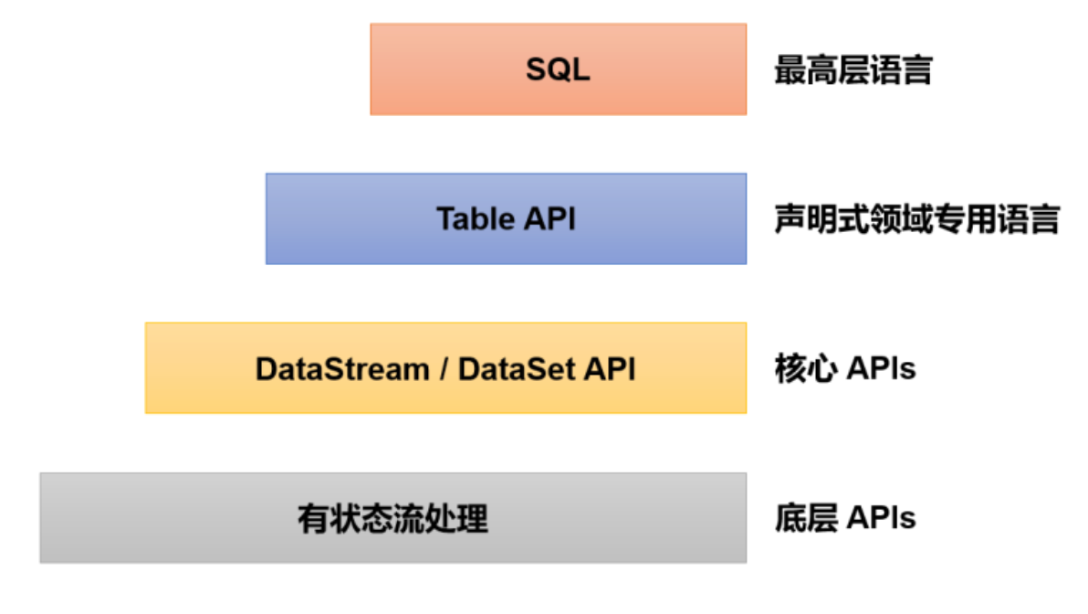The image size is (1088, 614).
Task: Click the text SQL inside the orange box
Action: click(x=558, y=69)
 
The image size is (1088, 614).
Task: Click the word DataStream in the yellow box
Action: click(x=342, y=369)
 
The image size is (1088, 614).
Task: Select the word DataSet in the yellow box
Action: click(x=516, y=369)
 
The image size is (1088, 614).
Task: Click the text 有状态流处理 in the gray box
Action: click(x=392, y=519)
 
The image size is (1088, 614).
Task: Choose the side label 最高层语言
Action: click(x=853, y=69)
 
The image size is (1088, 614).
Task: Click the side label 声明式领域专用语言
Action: click(x=916, y=219)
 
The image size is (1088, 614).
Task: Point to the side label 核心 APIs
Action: click(x=845, y=369)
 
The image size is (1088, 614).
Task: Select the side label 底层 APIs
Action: click(x=845, y=518)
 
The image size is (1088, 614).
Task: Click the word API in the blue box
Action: click(x=549, y=218)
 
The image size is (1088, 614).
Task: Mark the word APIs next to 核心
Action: click(x=881, y=369)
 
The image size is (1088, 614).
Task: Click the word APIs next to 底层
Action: click(x=881, y=518)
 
